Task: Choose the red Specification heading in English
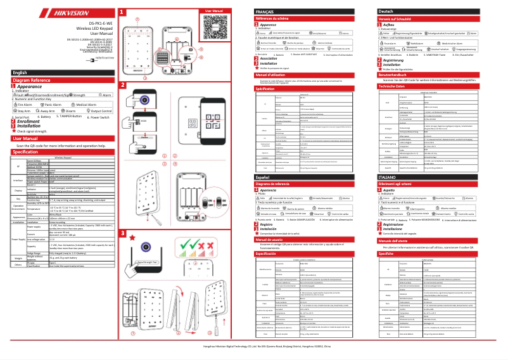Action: click(x=26, y=151)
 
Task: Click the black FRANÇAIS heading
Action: click(x=264, y=12)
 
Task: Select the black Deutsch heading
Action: click(x=386, y=12)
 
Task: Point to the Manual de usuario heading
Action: click(x=272, y=240)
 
